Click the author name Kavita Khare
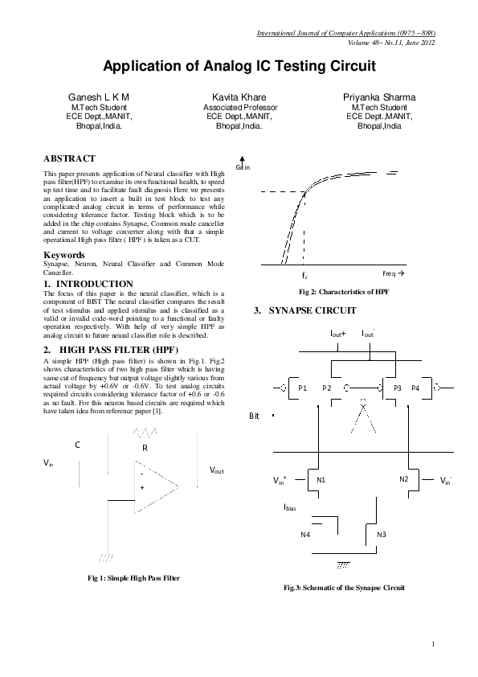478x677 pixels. (x=239, y=97)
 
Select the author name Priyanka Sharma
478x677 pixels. (x=379, y=97)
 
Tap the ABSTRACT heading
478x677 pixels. (x=69, y=158)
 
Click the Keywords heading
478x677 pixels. (x=63, y=255)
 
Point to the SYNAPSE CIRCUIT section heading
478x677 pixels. (x=305, y=310)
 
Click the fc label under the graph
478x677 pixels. (x=304, y=275)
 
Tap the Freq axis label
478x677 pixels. (x=393, y=273)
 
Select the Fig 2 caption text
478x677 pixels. (x=344, y=292)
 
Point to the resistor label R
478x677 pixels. (x=145, y=448)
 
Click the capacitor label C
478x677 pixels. (x=77, y=445)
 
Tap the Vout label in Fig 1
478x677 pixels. (x=217, y=470)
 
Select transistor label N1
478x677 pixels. (x=321, y=480)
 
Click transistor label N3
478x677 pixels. (x=382, y=535)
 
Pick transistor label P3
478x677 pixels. (x=398, y=388)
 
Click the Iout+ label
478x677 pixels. (x=337, y=334)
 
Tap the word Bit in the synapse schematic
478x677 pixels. (x=254, y=416)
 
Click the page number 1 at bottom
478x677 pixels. (x=433, y=644)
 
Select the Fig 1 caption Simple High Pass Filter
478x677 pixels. (x=133, y=578)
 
